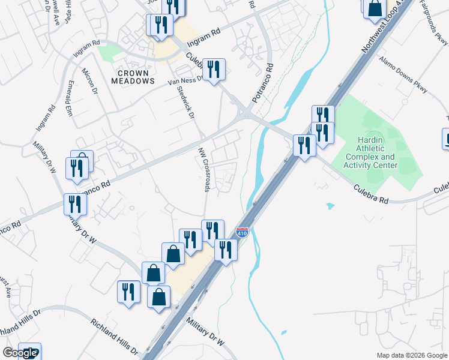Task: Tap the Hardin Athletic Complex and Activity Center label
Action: coord(369,151)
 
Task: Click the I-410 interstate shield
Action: coord(242,232)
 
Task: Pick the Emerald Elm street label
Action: coord(71,98)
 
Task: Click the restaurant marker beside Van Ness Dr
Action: coord(214,70)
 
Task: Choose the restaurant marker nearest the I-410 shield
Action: coord(226,248)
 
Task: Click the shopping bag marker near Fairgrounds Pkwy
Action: coord(375,8)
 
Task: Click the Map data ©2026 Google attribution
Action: coord(412,355)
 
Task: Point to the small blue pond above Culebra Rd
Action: coord(330,206)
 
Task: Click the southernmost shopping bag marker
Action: coord(159,297)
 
